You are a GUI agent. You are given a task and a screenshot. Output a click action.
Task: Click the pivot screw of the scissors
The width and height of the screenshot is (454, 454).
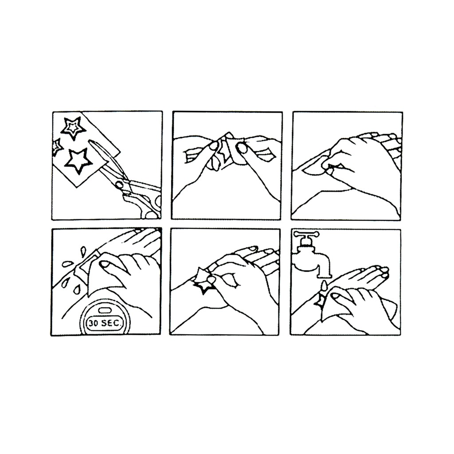[119, 184]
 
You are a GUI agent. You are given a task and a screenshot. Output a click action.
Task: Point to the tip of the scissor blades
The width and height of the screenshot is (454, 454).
[91, 141]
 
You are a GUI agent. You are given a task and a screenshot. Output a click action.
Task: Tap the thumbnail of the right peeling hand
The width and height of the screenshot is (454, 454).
[241, 147]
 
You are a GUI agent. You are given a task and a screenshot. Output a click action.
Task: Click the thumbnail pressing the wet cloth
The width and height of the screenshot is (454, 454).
[104, 264]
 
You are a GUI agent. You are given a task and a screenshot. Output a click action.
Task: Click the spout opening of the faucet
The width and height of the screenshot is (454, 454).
[324, 275]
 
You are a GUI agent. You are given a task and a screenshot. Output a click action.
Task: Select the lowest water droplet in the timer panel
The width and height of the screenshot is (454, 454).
[77, 290]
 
